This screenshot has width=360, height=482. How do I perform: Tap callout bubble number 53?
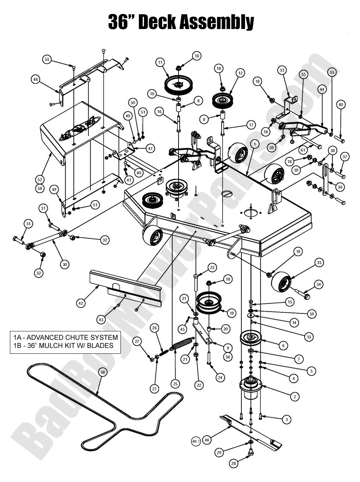47,59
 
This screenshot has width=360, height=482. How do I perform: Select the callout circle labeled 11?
160,62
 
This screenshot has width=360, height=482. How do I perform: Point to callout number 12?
240,73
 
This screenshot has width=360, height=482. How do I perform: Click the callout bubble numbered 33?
282,70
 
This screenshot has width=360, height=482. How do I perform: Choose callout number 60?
341,105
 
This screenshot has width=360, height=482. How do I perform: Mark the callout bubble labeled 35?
319,262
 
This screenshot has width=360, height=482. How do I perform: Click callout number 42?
81,303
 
